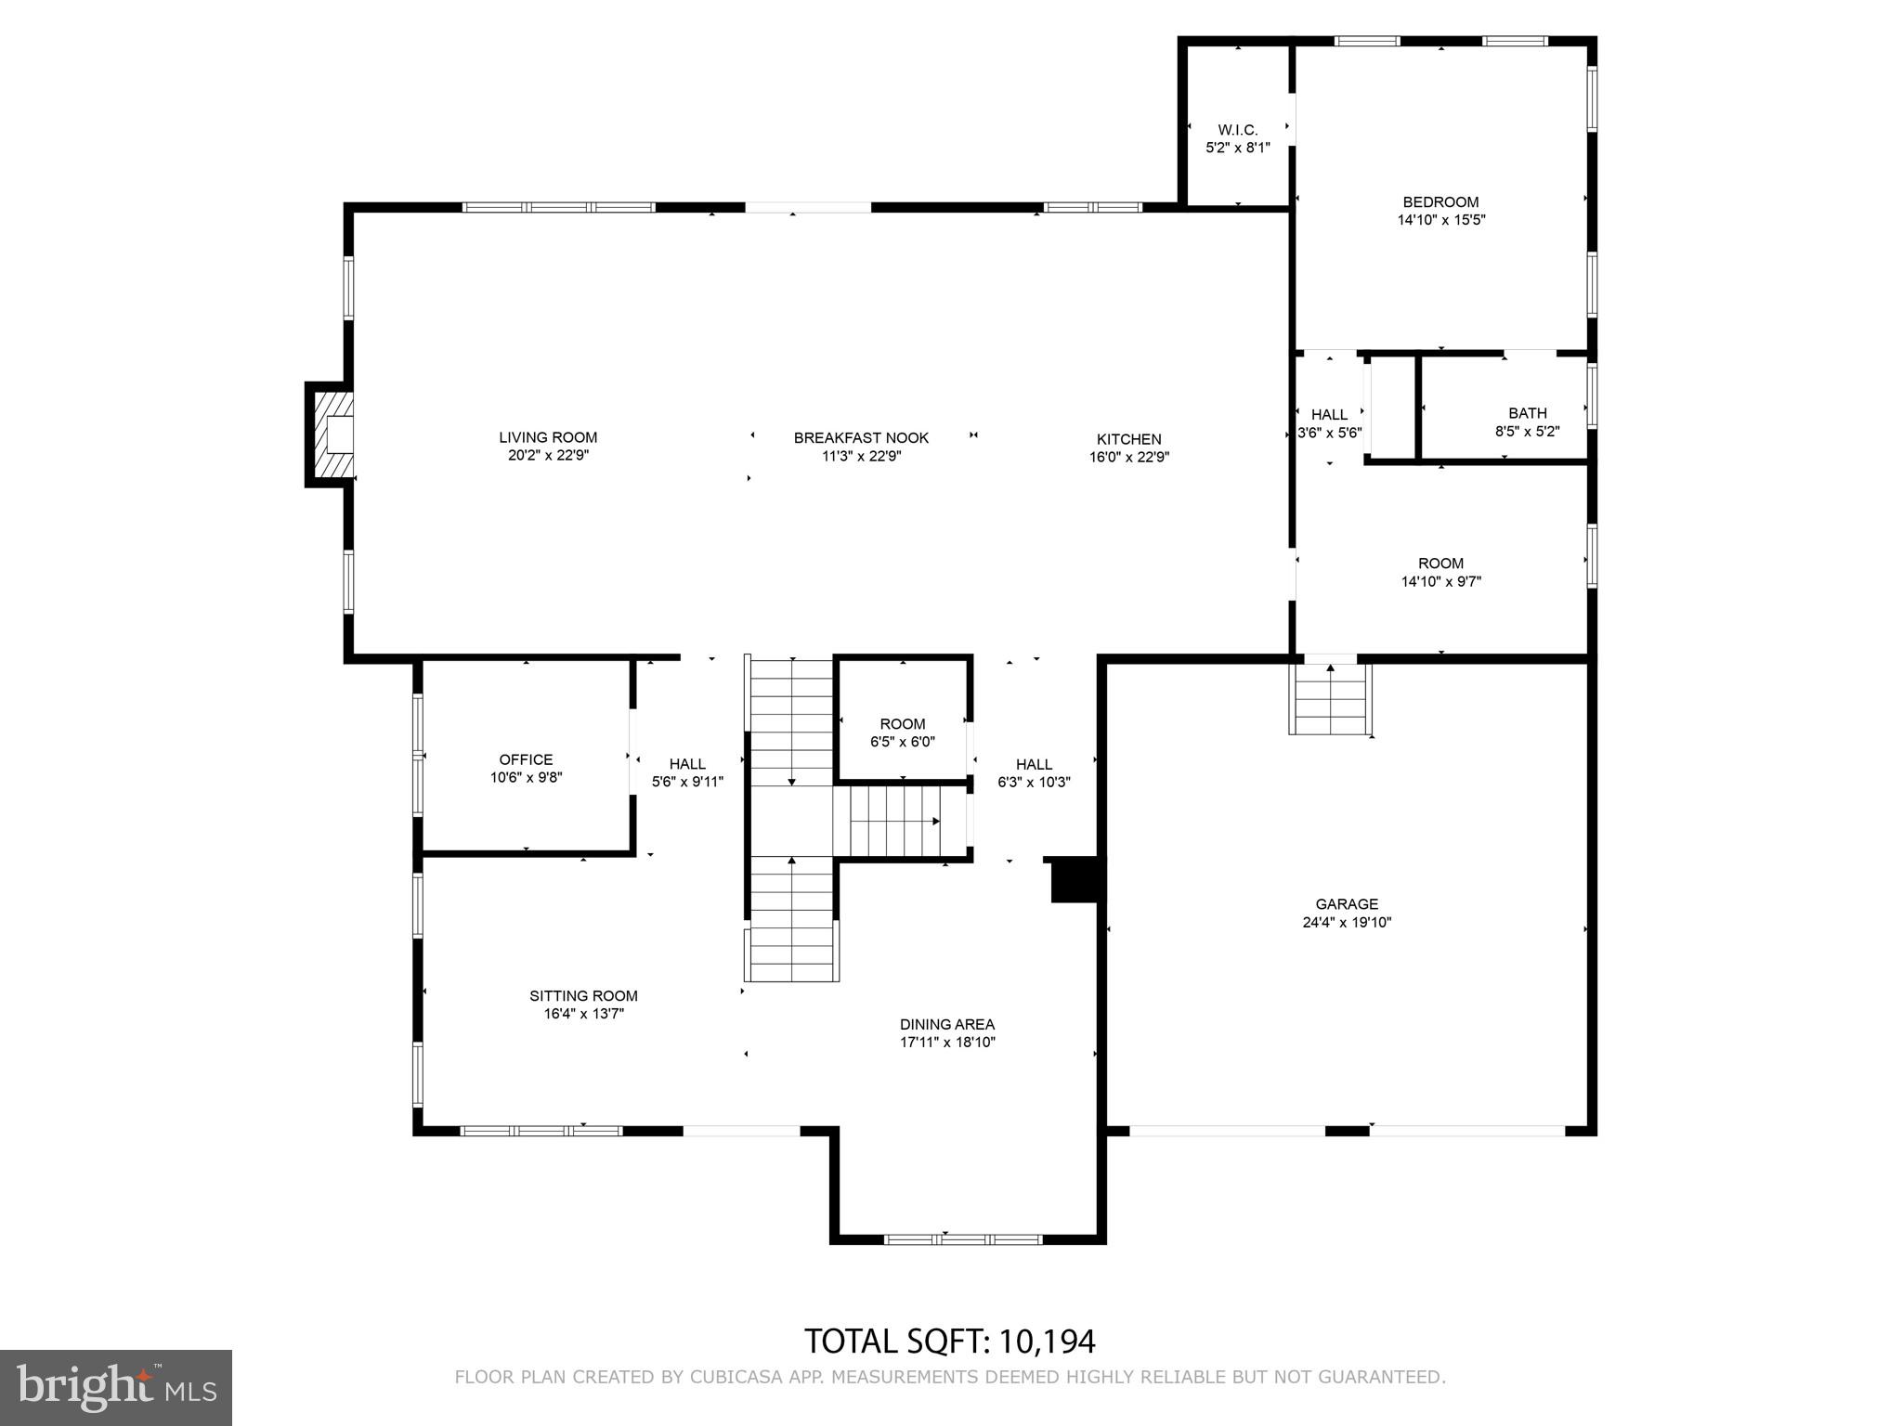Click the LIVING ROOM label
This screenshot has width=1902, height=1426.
[548, 437]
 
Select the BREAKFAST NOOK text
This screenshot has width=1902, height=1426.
[861, 437]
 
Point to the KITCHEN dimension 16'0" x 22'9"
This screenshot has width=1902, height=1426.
[1128, 457]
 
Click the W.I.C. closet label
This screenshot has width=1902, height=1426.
[1237, 130]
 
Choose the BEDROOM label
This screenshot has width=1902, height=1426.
[1440, 201]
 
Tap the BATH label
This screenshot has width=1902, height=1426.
[1527, 413]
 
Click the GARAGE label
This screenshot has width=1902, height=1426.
[1347, 903]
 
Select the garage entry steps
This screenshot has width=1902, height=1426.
[1330, 699]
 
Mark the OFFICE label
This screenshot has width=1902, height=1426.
[526, 759]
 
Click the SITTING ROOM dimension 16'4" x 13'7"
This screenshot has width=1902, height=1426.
[583, 1014]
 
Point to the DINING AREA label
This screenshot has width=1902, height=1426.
[946, 1024]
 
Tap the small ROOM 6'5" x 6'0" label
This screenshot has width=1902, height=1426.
[902, 724]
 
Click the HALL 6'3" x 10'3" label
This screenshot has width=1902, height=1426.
[1034, 764]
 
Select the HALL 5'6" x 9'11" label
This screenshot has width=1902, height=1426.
[687, 764]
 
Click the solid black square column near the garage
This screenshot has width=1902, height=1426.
[1075, 880]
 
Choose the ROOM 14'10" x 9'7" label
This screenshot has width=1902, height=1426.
[1440, 564]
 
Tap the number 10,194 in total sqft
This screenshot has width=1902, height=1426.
[1047, 1342]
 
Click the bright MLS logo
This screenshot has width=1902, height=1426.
[116, 1388]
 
